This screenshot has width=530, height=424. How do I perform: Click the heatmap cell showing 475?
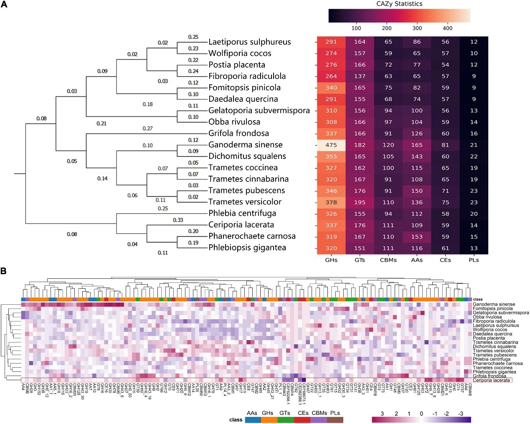[x=331, y=145]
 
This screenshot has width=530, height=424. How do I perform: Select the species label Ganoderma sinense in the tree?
[x=246, y=145]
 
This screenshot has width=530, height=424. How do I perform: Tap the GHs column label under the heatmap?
[x=331, y=260]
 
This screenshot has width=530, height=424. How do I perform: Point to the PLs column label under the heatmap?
[x=474, y=260]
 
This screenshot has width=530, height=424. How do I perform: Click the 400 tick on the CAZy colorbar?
[x=447, y=28]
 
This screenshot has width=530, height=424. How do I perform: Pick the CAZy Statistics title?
[x=399, y=4]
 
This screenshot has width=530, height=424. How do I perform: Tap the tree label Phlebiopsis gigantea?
[x=247, y=247]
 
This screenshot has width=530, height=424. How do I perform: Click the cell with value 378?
[x=331, y=202]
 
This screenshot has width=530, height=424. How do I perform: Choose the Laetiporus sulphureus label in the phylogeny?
[x=250, y=42]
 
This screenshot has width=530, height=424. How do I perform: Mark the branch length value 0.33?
[x=178, y=220]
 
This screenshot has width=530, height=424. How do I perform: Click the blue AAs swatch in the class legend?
[x=253, y=420]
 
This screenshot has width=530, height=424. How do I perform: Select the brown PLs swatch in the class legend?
[x=335, y=420]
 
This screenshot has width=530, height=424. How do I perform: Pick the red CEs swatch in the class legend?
[x=302, y=420]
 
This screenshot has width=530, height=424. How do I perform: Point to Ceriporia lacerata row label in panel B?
[x=491, y=380]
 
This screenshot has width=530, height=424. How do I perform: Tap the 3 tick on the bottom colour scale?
[x=382, y=414]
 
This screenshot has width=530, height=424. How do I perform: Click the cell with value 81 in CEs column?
[x=445, y=145]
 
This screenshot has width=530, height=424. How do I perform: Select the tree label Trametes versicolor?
[x=245, y=202]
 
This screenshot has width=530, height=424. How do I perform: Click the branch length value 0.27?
[x=147, y=129]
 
